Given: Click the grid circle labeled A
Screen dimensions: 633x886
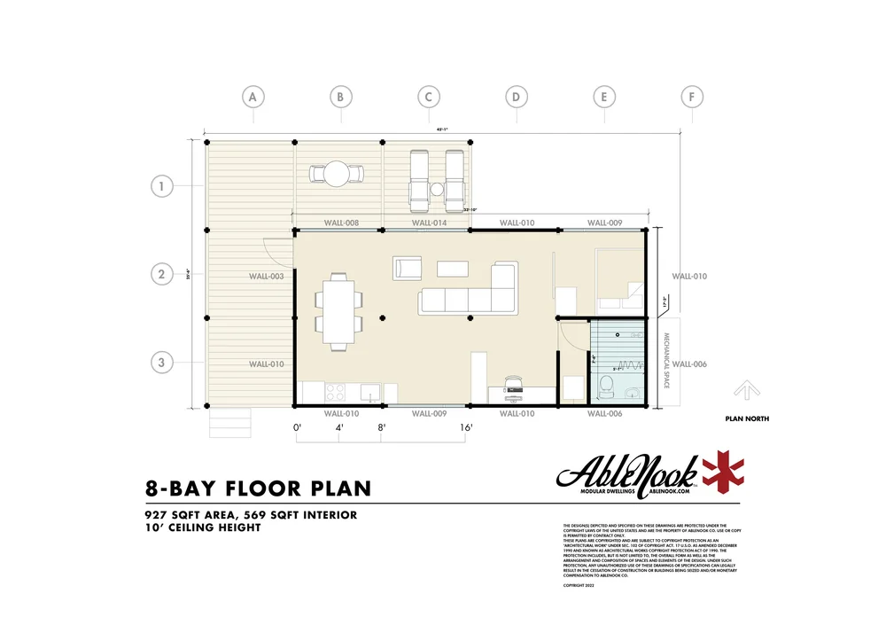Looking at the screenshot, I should coord(253,96).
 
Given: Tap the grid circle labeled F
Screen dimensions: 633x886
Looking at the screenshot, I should coord(691,96).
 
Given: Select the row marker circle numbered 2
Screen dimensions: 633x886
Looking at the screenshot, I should coord(161,274).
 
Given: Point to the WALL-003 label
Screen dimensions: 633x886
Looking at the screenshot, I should coord(266,277).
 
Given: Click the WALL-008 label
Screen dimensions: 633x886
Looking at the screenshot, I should coord(341,223).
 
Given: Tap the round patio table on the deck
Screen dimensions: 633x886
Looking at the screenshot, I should coord(337,172).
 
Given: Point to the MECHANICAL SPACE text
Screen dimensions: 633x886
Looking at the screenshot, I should coord(667,362).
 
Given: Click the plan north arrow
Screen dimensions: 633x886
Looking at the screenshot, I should coord(745,390).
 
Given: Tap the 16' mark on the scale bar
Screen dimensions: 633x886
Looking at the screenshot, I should coord(466,428).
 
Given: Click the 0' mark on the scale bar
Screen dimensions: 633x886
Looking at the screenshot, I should coord(298,428).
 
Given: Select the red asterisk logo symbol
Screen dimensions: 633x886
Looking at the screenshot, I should coord(724,473).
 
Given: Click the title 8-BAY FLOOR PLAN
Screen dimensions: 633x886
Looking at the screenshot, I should coord(258,488).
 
